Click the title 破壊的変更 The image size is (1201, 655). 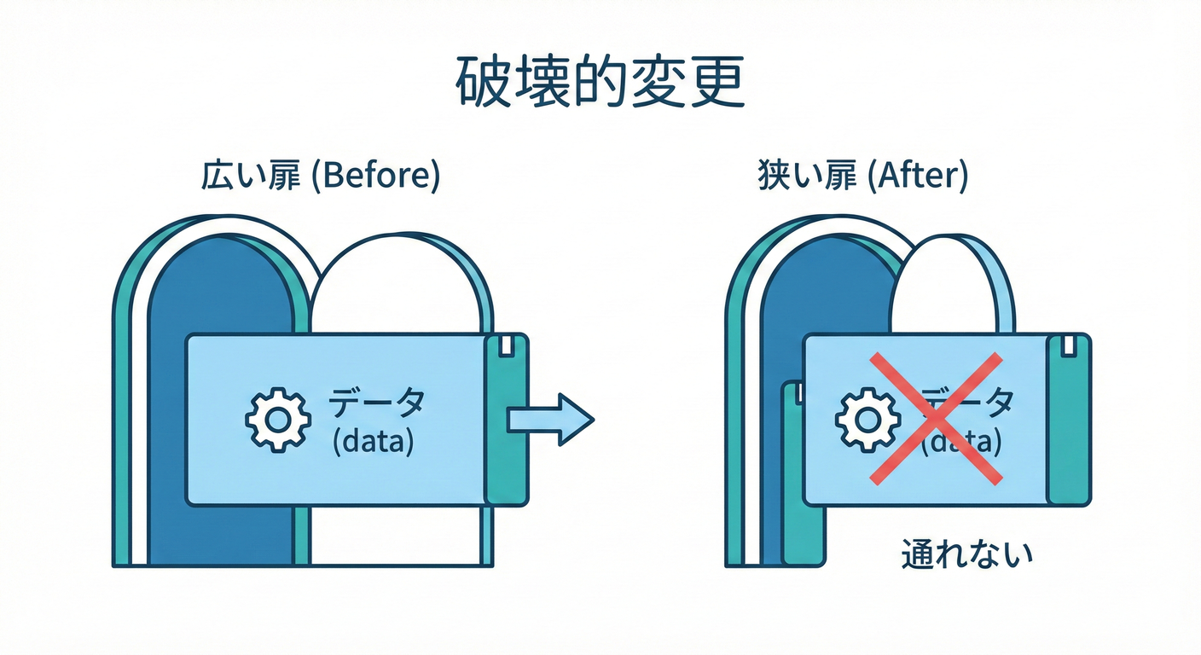point(600,84)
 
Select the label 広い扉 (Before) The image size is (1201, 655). point(320,177)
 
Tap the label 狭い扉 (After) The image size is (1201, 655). point(862,177)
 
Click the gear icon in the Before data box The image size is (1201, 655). point(276,419)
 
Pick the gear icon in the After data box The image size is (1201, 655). point(867,419)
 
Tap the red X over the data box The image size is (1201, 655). point(936,419)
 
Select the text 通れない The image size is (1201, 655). point(967,555)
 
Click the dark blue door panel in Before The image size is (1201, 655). point(222,290)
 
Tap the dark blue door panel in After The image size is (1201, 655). point(819,290)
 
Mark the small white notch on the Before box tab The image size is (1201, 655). point(507,345)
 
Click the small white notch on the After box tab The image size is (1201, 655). point(1067,345)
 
